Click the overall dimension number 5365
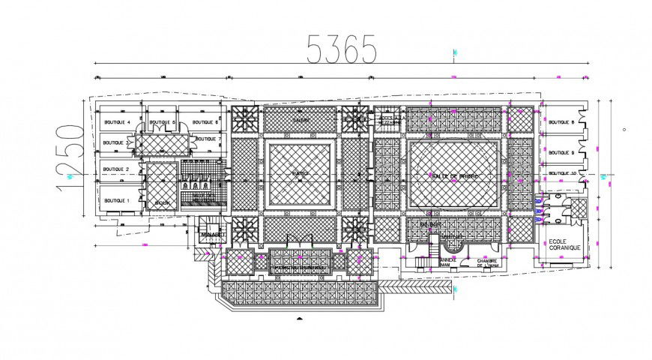341,49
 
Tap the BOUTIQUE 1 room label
117,201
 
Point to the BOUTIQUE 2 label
117,169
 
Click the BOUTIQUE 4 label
117,122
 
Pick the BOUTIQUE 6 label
205,122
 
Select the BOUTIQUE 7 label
208,139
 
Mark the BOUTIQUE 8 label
561,122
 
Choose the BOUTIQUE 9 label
561,152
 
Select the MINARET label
212,234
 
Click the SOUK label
162,202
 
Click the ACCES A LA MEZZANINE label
390,120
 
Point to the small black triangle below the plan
300,318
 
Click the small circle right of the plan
624,129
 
